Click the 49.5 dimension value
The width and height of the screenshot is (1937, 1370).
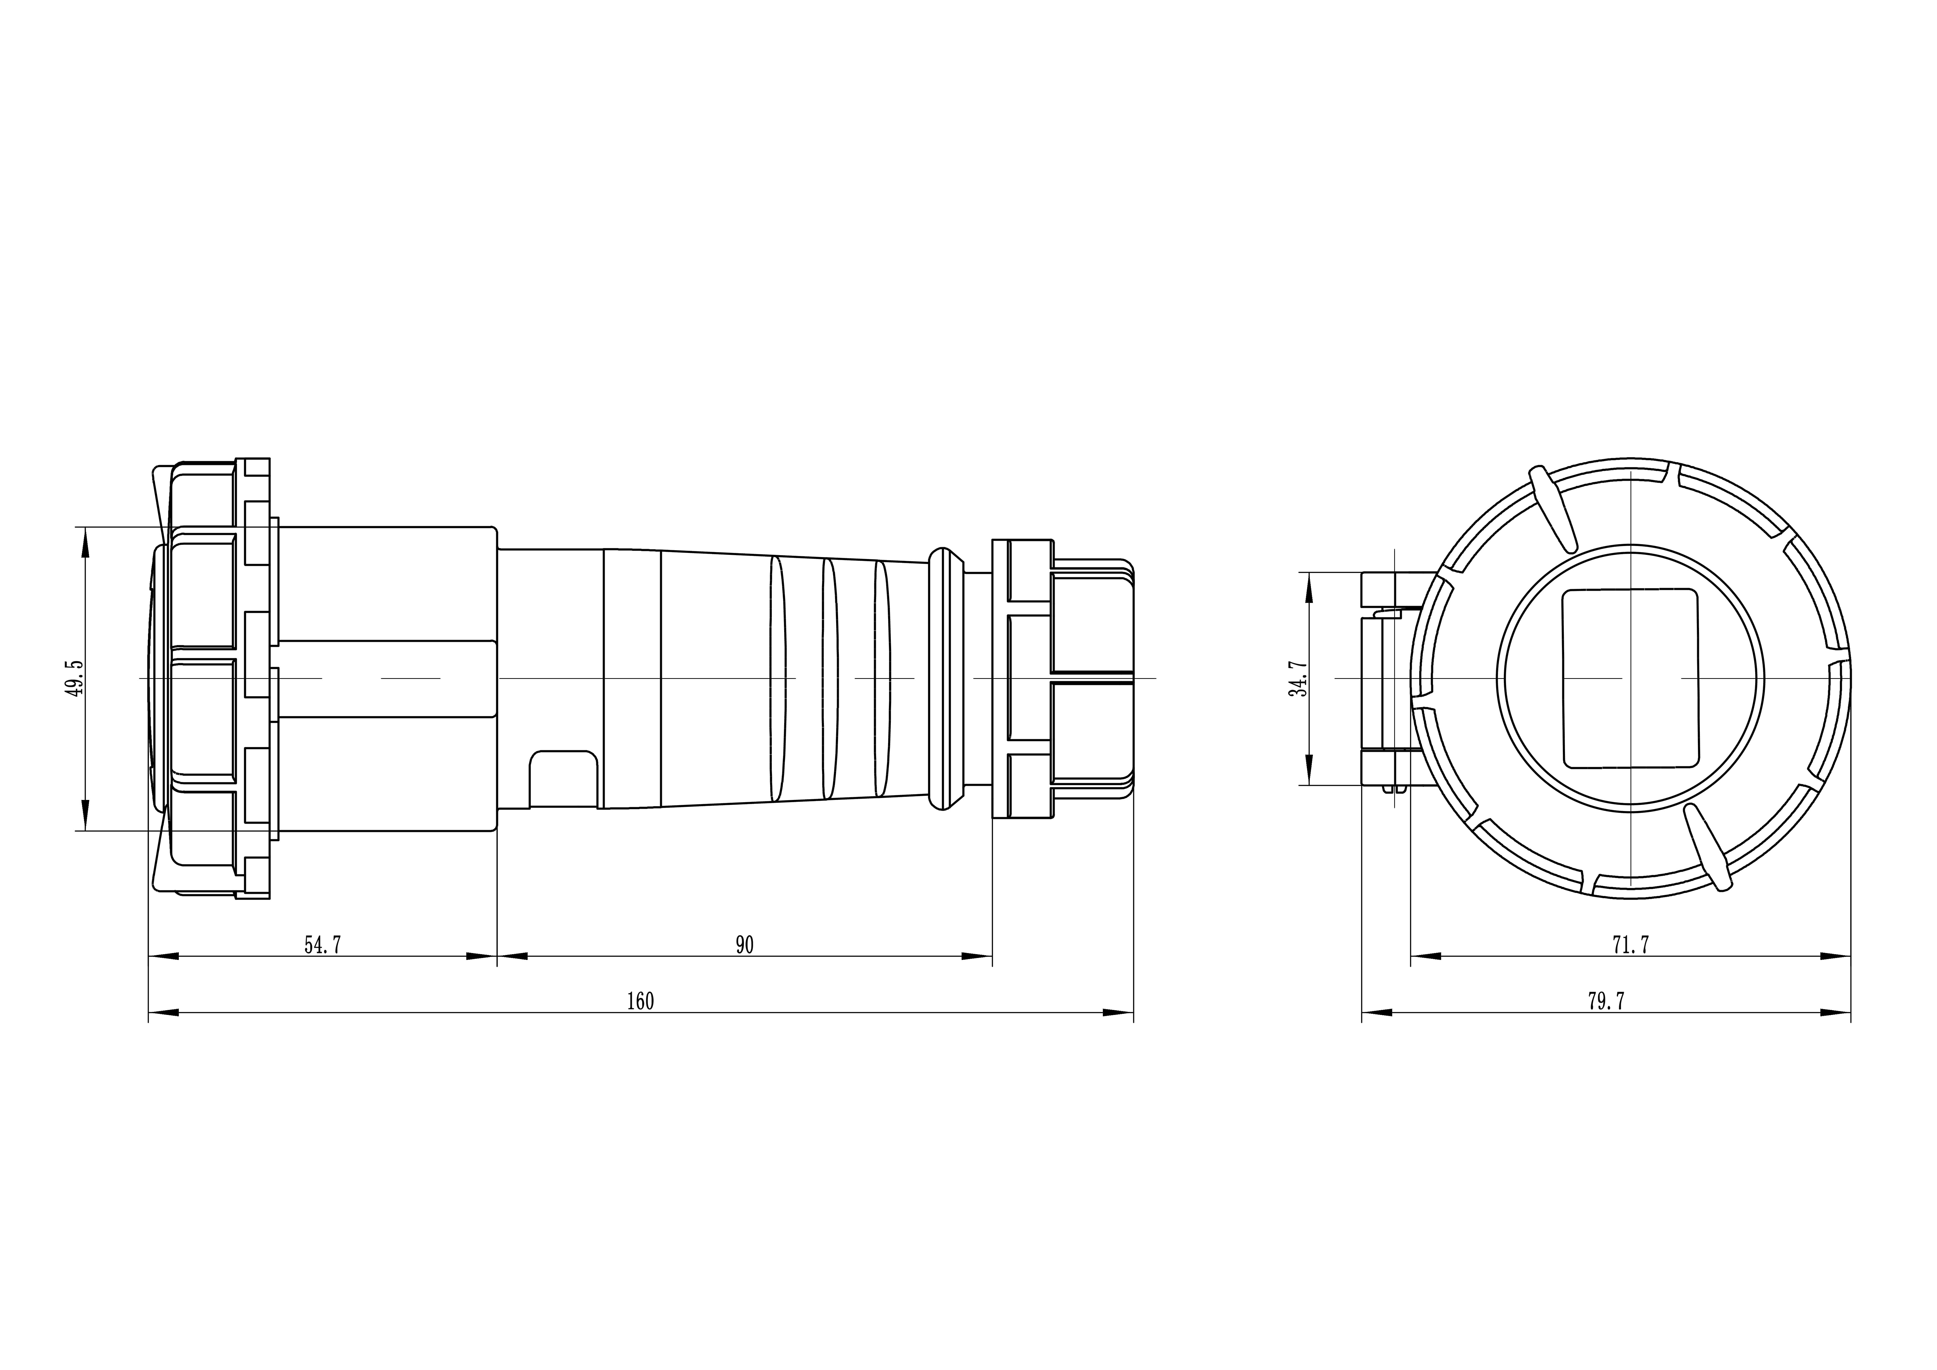pyautogui.click(x=76, y=678)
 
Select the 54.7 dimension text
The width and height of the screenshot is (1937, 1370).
pyautogui.click(x=323, y=945)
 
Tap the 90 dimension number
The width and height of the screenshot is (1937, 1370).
pyautogui.click(x=744, y=945)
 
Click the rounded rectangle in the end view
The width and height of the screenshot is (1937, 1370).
pyautogui.click(x=1630, y=678)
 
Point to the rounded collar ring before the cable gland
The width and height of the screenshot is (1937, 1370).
pyautogui.click(x=946, y=678)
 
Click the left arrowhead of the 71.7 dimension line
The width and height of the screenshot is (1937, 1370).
pyautogui.click(x=1426, y=956)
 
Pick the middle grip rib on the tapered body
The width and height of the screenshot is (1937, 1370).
pyautogui.click(x=830, y=678)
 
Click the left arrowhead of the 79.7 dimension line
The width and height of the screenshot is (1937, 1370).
pyautogui.click(x=1377, y=1012)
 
